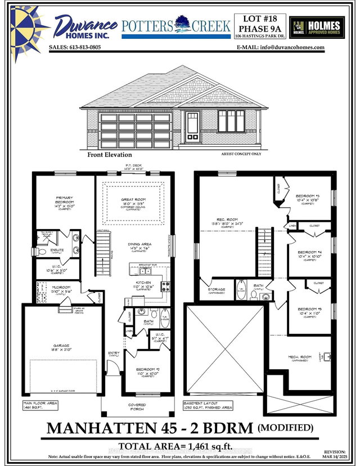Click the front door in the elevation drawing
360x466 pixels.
(192, 126)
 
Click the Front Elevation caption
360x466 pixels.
(110, 154)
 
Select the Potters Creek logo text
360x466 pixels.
(176, 25)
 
